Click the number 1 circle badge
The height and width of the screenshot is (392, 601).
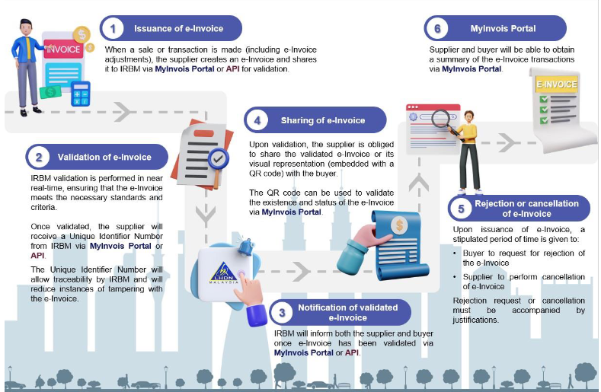(x=113, y=28)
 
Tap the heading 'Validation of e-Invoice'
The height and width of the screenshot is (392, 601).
(x=104, y=157)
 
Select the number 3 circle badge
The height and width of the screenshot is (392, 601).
(x=282, y=313)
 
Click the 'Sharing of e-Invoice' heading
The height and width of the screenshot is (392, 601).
(x=323, y=120)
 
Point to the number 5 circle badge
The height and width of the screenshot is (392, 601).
(x=461, y=209)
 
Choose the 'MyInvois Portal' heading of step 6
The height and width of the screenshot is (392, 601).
(x=503, y=28)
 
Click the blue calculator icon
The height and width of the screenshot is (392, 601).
(x=81, y=94)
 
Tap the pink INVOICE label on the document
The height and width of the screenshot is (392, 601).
(x=63, y=49)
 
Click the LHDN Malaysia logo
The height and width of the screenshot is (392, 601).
(x=224, y=273)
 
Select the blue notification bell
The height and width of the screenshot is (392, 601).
(x=247, y=247)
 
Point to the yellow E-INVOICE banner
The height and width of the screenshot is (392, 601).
(x=557, y=84)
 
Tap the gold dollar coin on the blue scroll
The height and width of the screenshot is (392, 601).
(x=399, y=225)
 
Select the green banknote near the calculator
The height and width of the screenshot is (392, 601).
(x=50, y=92)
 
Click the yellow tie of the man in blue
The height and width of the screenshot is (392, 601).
(x=28, y=48)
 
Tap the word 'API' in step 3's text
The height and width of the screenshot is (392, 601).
(x=352, y=352)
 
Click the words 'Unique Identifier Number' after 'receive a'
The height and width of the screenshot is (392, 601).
(x=116, y=236)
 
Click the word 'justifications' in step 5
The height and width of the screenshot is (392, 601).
(x=475, y=320)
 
